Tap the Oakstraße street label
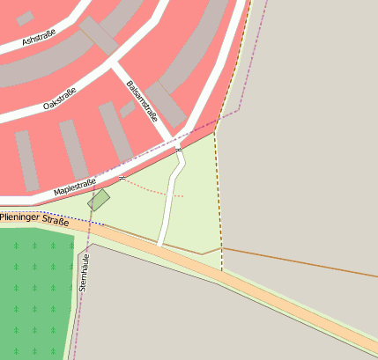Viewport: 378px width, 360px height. (60, 99)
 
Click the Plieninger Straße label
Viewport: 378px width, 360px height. (34, 219)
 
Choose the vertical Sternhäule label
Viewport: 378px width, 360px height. (85, 273)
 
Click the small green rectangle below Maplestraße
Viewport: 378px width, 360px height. (99, 200)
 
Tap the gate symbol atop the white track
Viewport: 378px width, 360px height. (179, 151)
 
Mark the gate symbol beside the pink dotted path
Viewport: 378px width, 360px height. (122, 178)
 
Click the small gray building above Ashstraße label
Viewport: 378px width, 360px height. (26, 18)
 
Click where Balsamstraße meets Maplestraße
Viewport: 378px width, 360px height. (175, 141)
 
